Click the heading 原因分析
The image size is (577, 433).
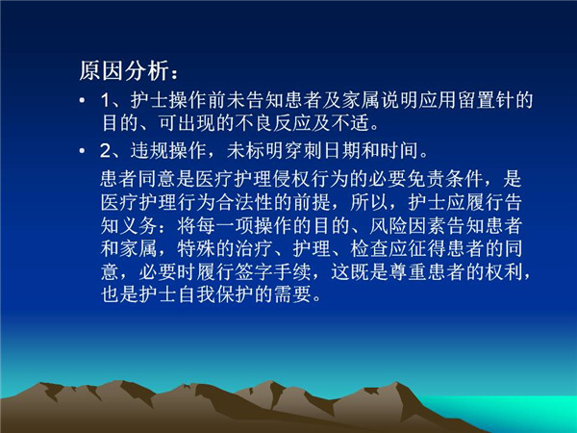(124, 70)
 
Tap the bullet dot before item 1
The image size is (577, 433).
(82, 100)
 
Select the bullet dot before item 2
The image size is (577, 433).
(82, 151)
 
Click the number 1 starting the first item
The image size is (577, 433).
(106, 100)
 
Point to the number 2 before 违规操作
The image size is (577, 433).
(106, 151)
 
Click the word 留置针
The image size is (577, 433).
(486, 100)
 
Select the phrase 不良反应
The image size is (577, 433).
(273, 123)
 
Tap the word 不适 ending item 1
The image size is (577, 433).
(350, 123)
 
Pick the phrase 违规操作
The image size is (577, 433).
(167, 151)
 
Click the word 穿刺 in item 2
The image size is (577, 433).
(303, 151)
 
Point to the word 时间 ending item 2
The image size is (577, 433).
(399, 151)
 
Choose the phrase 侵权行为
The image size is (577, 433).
(311, 179)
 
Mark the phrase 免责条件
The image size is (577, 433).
(444, 179)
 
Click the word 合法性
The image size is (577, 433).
(244, 202)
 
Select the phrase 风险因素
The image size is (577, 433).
(406, 226)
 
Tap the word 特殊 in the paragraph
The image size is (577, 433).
(196, 249)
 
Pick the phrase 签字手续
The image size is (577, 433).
(273, 272)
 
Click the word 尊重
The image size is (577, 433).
(406, 272)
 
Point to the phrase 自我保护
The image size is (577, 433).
(215, 295)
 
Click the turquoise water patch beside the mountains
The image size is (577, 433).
(515, 412)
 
